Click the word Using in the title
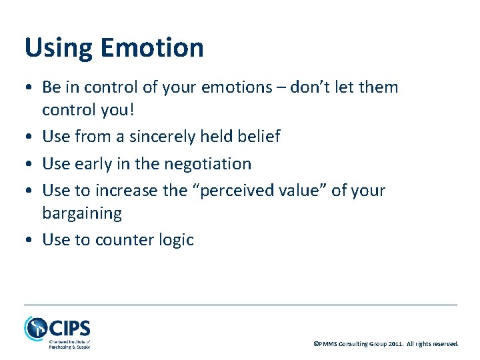(58, 49)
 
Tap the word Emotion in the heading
(152, 47)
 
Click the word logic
(176, 240)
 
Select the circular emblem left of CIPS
(35, 329)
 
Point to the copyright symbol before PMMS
(316, 344)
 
